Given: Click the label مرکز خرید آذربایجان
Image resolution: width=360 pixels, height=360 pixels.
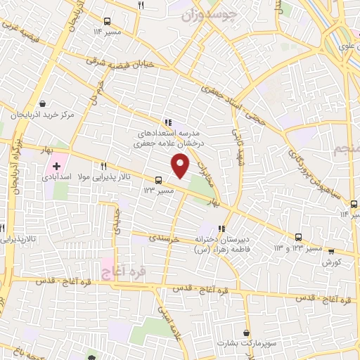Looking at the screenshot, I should (x=44, y=114).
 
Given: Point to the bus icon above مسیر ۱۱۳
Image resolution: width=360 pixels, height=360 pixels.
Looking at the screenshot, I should (x=158, y=179).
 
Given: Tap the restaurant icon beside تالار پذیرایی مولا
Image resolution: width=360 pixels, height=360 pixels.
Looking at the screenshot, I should (x=103, y=166).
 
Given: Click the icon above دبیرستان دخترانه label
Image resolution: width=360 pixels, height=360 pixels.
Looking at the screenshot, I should (x=222, y=229).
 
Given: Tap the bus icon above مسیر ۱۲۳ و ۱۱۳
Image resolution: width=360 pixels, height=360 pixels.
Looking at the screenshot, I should (x=299, y=237).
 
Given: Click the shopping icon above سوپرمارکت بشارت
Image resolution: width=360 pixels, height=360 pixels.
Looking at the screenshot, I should (x=245, y=333).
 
